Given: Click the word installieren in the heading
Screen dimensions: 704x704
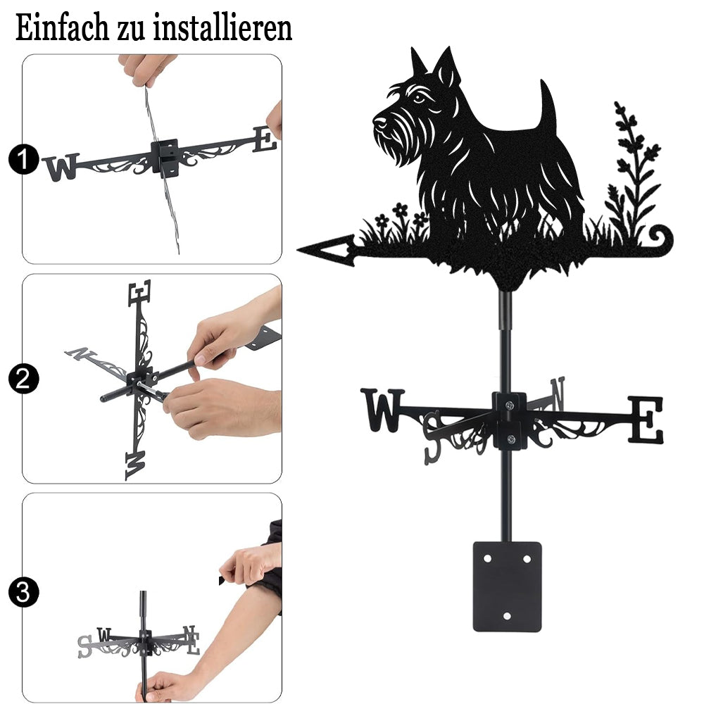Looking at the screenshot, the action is (x=222, y=27).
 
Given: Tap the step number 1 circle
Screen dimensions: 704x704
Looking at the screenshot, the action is (x=23, y=159).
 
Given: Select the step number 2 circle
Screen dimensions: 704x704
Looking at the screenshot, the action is (x=23, y=379).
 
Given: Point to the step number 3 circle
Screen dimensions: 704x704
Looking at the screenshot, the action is (x=23, y=592).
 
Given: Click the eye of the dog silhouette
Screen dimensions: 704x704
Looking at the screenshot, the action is (x=418, y=97).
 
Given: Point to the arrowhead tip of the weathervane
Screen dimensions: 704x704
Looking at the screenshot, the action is (x=298, y=249).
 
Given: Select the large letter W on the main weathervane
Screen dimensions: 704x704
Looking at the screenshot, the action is (x=382, y=410).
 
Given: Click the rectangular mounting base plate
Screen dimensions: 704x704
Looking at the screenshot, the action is (x=507, y=586).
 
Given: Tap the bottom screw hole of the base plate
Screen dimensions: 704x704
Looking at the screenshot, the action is (x=507, y=616).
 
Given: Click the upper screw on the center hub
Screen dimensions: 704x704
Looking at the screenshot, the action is (x=509, y=406).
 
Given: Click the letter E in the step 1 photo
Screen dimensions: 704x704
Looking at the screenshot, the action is (x=265, y=139).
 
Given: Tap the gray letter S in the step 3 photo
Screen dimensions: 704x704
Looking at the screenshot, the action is (x=84, y=647).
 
